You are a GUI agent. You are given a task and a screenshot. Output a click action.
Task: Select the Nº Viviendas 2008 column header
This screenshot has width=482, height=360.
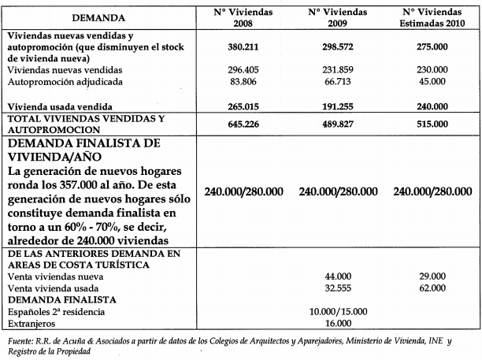pos(232,17)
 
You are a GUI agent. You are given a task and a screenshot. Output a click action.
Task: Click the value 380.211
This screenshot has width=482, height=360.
pos(232,47)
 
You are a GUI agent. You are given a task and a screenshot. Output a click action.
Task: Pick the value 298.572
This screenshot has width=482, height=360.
pos(332,47)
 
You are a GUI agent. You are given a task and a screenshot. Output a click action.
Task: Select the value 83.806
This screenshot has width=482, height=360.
pos(232,81)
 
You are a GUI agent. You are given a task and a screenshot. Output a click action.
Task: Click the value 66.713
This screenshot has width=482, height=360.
pos(332,81)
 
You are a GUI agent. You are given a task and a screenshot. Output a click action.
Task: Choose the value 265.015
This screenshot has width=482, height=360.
pos(232,105)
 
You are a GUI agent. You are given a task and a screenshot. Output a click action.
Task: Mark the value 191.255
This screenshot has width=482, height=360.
pos(332,105)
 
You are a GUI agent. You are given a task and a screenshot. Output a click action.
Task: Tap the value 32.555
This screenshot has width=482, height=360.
pos(332,288)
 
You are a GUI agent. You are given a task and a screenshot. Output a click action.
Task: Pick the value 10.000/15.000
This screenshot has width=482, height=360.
pos(332,311)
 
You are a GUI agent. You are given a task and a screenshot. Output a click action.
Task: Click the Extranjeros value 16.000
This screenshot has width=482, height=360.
pos(332,323)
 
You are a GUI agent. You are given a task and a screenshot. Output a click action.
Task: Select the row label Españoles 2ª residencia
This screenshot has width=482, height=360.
pos(57,311)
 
